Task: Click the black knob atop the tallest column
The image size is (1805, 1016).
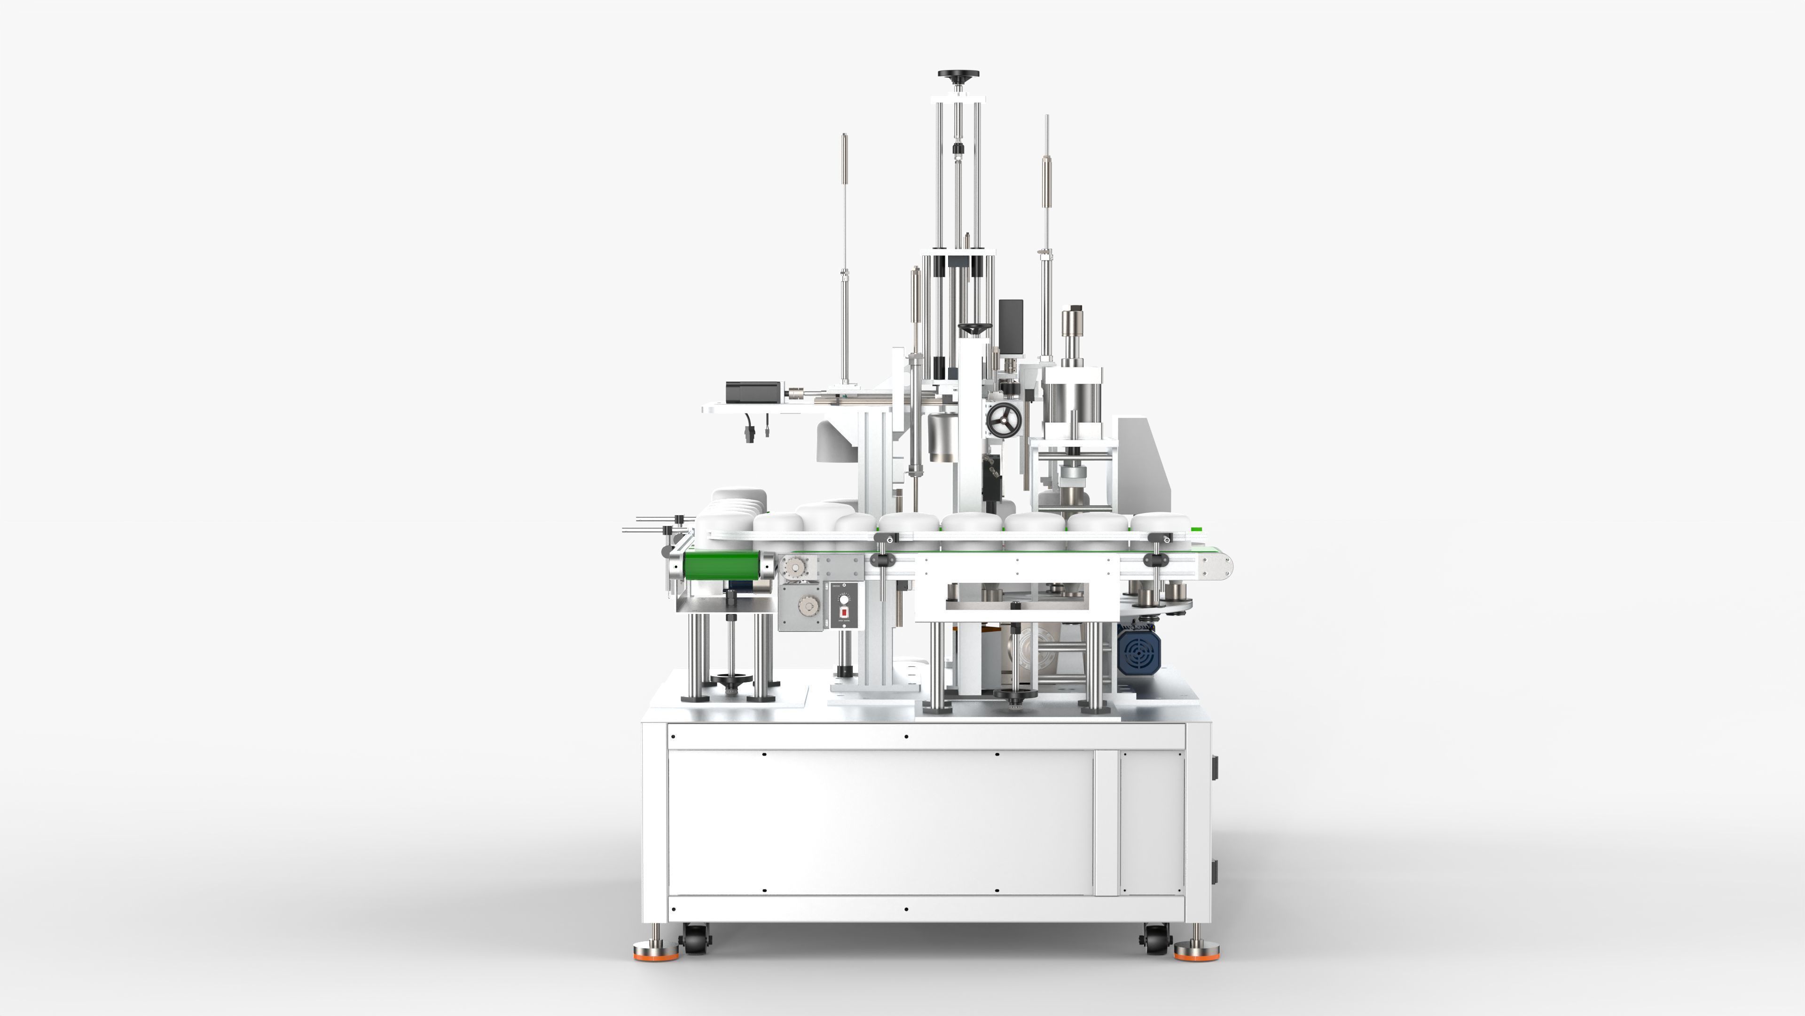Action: [958, 74]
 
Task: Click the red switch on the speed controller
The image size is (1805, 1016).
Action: [844, 612]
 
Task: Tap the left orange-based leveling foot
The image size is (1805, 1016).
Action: [657, 953]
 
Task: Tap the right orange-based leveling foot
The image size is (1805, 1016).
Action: [1196, 953]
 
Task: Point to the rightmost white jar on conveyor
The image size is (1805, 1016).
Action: [1160, 523]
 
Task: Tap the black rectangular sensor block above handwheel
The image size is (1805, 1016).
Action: [1011, 325]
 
